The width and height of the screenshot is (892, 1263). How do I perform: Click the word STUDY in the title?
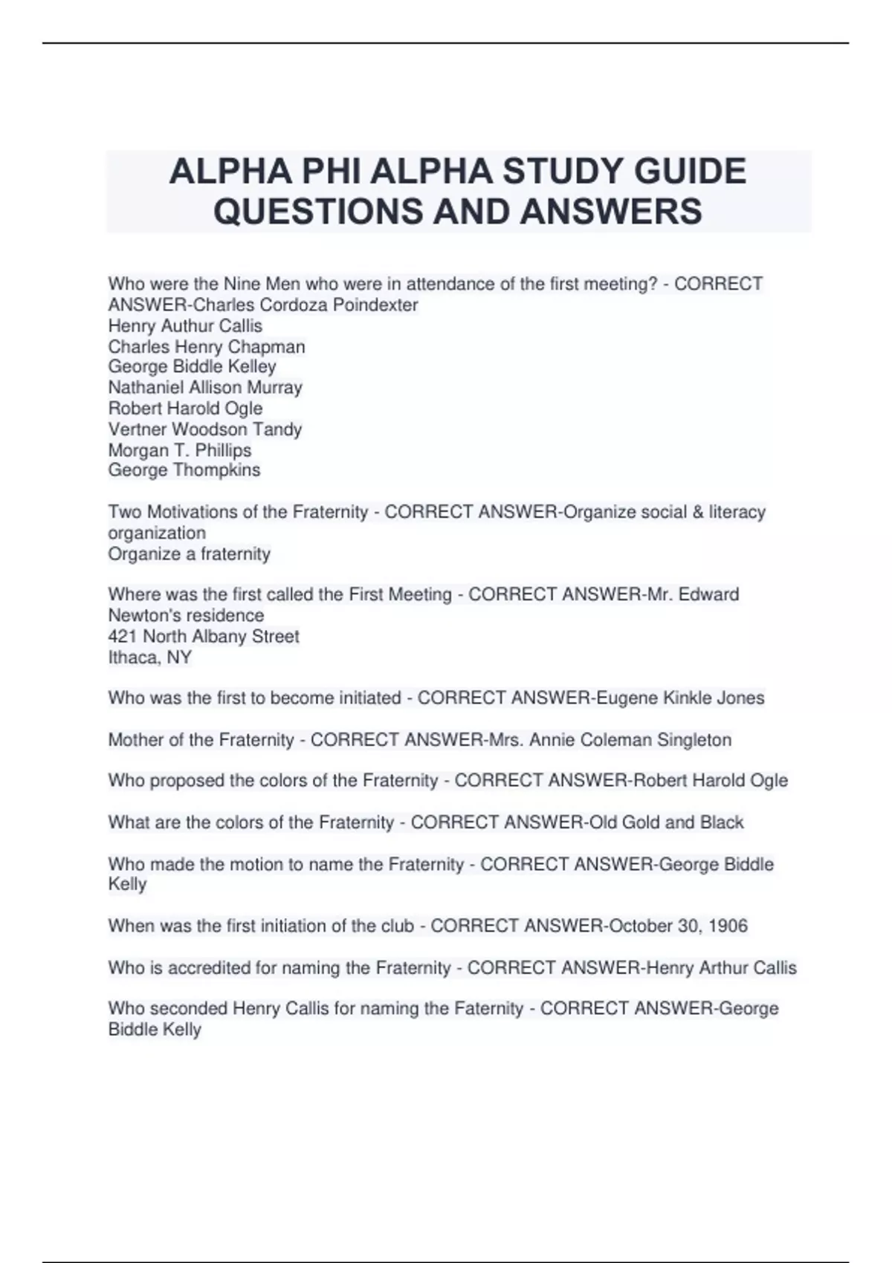563,172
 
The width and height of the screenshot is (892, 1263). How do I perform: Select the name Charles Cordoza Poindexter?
306,305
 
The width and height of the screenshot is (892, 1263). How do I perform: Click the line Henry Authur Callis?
185,326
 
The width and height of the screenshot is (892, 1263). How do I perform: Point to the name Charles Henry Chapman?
207,347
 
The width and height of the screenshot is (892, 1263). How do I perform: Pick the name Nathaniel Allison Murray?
205,388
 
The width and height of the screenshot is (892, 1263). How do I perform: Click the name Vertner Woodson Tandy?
205,429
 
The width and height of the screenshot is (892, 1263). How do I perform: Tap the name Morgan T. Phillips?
180,450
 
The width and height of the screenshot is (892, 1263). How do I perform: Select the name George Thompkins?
184,470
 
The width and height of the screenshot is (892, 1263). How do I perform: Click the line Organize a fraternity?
190,554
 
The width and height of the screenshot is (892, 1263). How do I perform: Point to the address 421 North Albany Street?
204,637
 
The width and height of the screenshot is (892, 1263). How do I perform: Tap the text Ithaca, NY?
150,658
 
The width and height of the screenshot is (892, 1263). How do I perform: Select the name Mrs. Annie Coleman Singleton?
610,740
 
